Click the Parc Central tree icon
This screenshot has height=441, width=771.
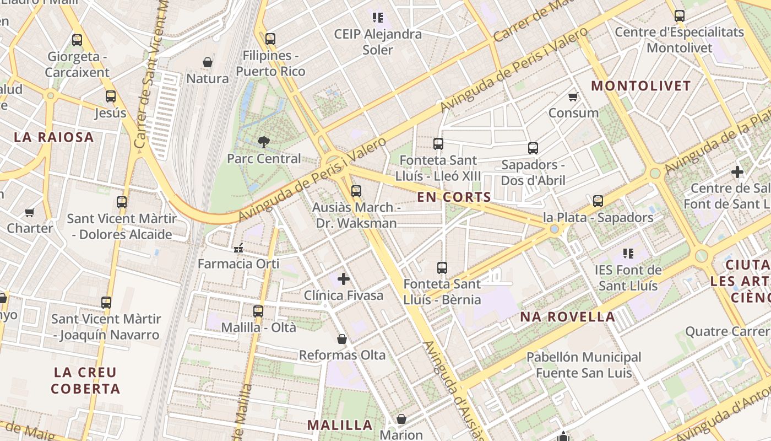coord(264,142)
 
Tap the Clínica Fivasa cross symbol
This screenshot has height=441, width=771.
coord(344,279)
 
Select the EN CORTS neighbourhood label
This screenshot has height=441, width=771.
coord(454,197)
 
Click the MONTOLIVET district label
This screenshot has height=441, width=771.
coord(640,86)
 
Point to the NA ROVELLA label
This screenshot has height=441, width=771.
coord(568,316)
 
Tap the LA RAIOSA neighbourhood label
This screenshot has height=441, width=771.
coord(54,137)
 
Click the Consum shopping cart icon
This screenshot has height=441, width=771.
coord(573,97)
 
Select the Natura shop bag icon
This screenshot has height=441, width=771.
coord(208,62)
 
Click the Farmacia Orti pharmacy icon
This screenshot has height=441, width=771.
coord(238,249)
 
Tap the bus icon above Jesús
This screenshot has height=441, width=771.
coord(111,96)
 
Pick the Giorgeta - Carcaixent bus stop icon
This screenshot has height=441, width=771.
coord(77,40)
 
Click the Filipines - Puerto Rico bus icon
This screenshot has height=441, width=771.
coord(270,39)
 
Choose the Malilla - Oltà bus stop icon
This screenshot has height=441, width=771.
coord(258,311)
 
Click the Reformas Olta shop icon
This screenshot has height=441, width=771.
coord(342,338)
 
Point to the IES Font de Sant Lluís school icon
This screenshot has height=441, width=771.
coord(628,254)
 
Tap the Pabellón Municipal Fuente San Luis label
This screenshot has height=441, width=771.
coord(584,365)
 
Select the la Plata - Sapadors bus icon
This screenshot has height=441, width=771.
coord(598,201)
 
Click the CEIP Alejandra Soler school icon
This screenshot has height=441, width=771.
coord(377,18)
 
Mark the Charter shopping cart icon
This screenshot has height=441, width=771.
coord(30,212)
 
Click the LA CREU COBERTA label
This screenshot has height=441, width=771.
coord(85,380)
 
